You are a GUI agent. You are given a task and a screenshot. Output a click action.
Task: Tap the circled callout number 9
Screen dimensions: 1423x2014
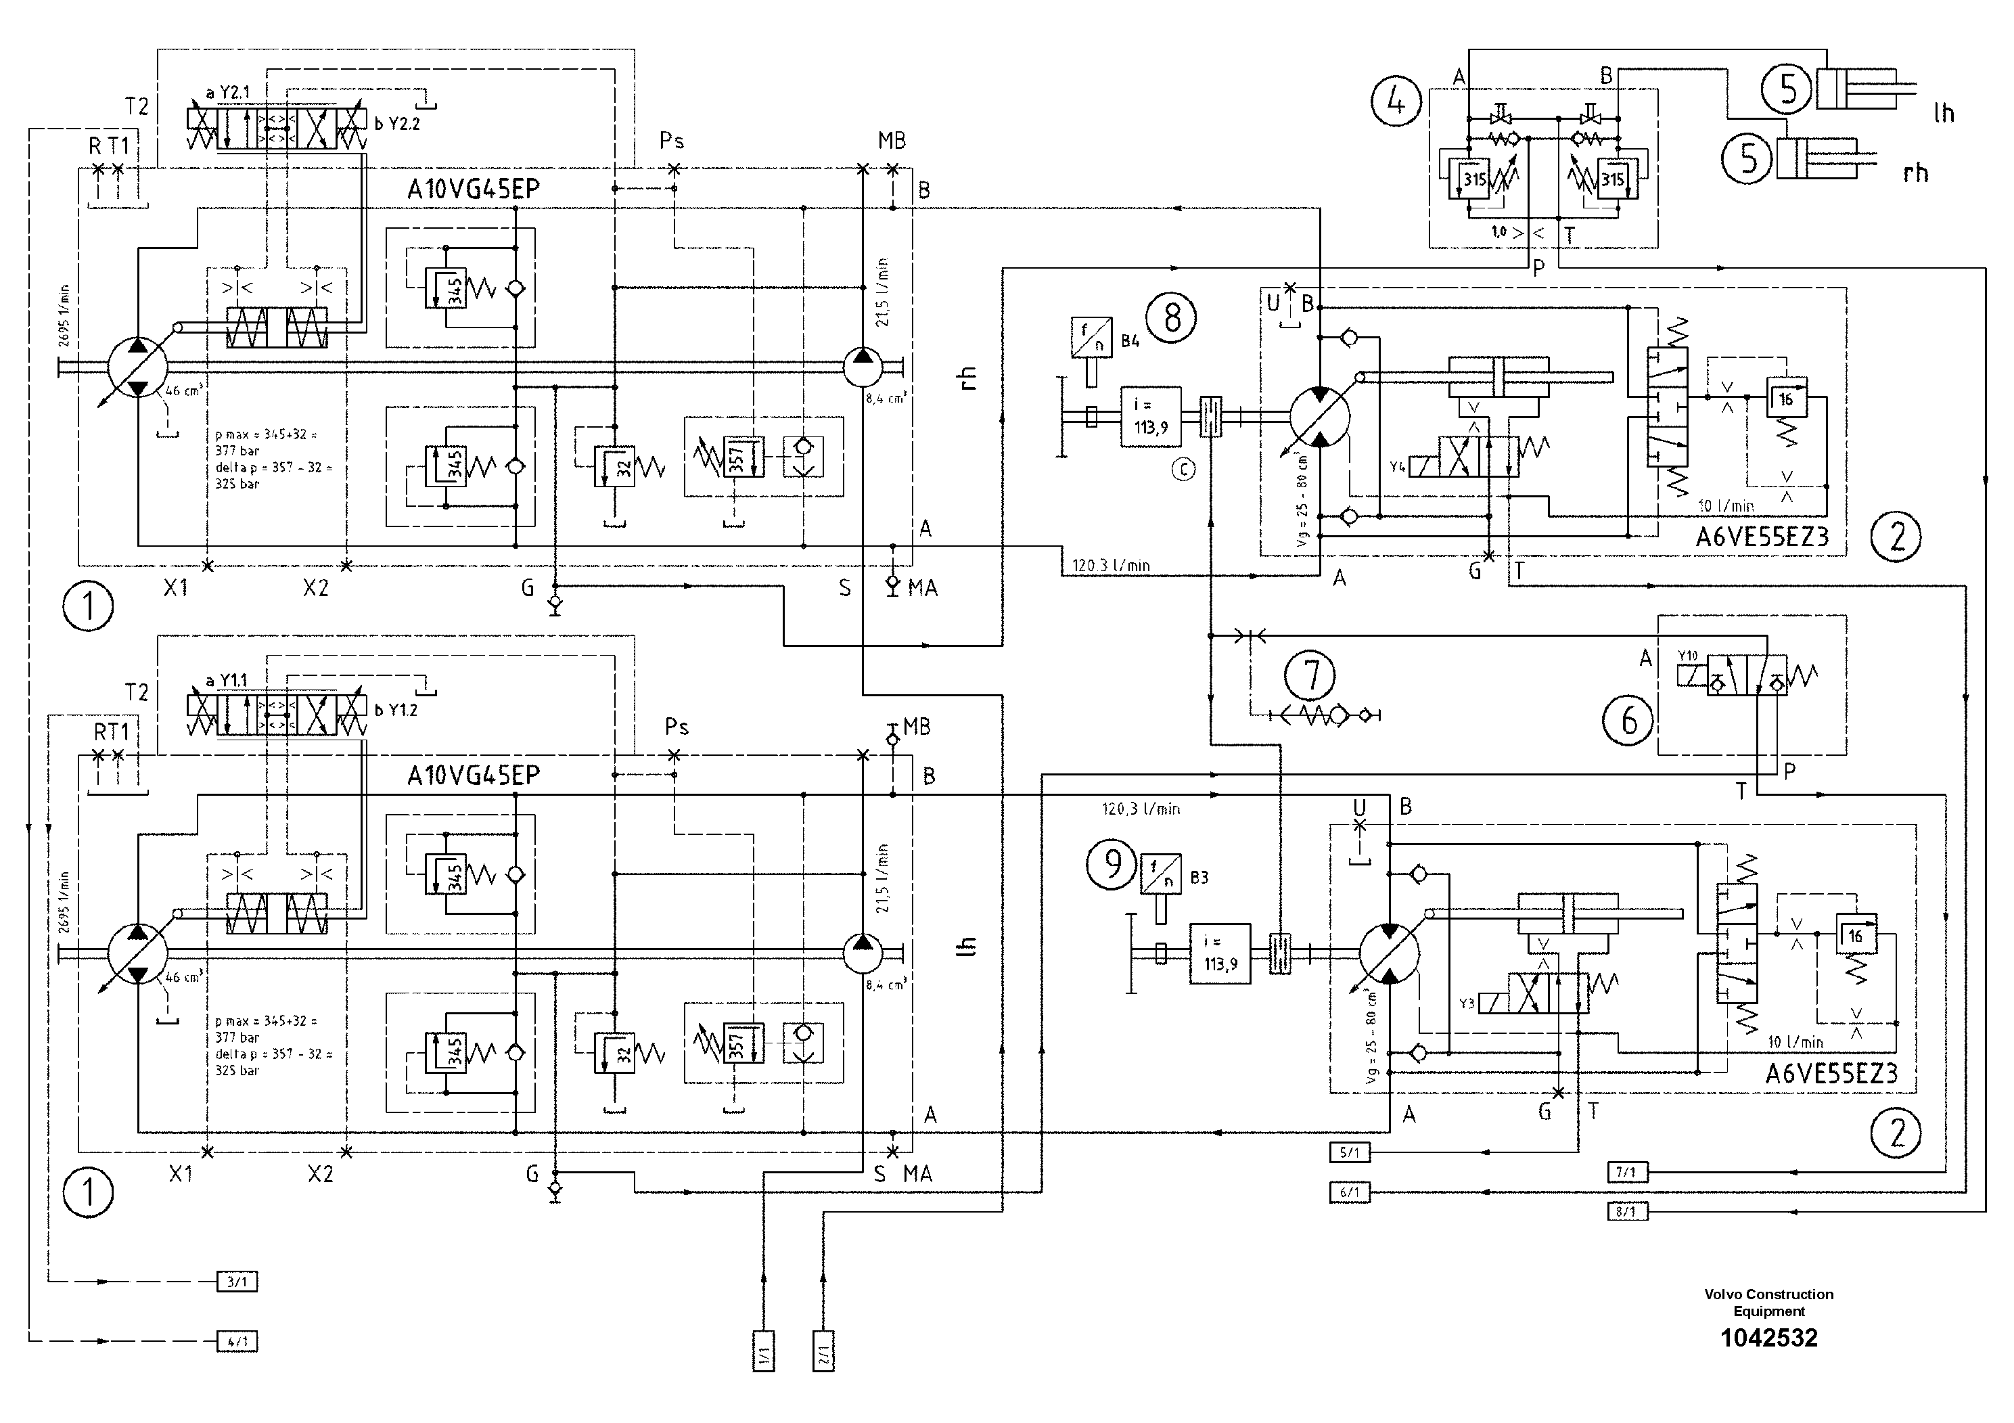[1112, 865]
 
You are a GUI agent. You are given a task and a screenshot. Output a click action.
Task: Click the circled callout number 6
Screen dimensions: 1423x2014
[1628, 721]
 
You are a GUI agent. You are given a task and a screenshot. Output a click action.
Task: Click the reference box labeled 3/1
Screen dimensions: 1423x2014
[237, 1282]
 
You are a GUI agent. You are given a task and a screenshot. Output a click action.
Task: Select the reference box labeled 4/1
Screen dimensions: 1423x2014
[237, 1341]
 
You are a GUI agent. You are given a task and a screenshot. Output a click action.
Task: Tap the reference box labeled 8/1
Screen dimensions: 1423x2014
[1626, 1212]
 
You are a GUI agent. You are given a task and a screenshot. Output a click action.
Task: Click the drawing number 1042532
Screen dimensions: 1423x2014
[1768, 1338]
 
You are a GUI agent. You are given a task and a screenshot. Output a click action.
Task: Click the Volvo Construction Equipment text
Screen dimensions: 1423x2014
[1768, 1302]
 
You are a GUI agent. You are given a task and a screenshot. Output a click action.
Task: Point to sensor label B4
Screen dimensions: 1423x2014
[1130, 341]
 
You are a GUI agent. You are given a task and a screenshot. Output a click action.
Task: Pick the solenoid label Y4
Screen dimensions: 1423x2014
[1397, 467]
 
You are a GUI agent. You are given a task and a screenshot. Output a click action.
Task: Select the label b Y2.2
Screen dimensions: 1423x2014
[397, 124]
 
